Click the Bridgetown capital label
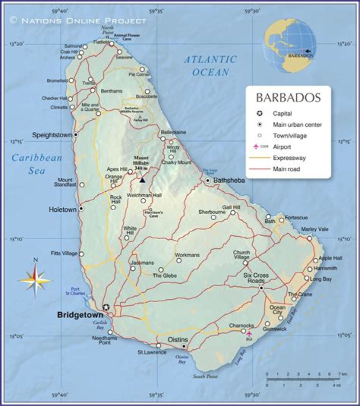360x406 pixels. pyautogui.click(x=80, y=315)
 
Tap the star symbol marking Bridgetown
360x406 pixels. pyautogui.click(x=105, y=307)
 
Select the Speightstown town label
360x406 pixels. pyautogui.click(x=52, y=135)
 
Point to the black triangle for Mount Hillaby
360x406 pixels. pyautogui.click(x=142, y=180)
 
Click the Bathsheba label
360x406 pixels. pyautogui.click(x=229, y=180)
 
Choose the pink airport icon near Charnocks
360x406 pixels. pyautogui.click(x=249, y=333)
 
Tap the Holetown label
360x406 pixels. pyautogui.click(x=62, y=210)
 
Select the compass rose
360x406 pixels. pyautogui.click(x=35, y=280)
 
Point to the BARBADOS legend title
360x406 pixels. pyautogui.click(x=288, y=98)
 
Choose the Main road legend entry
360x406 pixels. pyautogui.click(x=285, y=169)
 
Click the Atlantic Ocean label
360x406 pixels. pyautogui.click(x=210, y=65)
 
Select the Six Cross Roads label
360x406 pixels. pyautogui.click(x=255, y=278)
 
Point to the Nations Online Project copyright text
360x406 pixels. pyautogui.click(x=78, y=20)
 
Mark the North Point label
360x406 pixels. pyautogui.click(x=107, y=30)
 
